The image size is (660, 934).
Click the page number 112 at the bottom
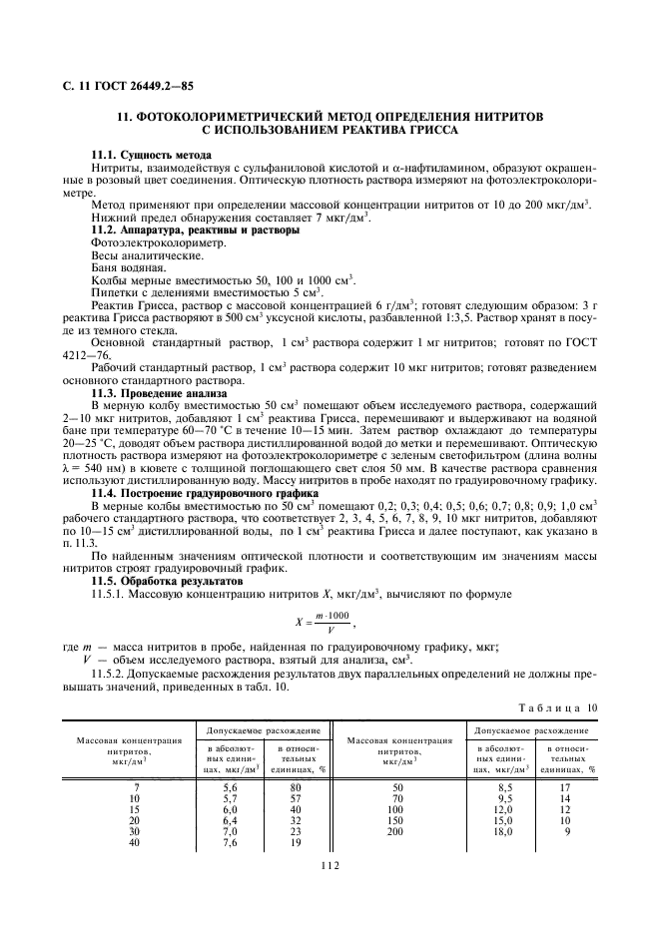coord(330,866)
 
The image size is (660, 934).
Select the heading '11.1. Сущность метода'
coord(151,156)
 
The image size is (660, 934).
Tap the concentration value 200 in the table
coord(395,830)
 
